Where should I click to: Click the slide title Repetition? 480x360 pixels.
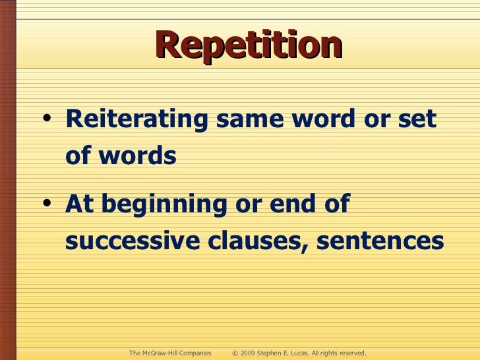click(x=249, y=46)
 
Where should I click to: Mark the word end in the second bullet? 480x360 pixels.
click(x=289, y=204)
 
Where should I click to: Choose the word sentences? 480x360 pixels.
click(x=380, y=241)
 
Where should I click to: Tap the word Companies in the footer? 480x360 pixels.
click(x=195, y=353)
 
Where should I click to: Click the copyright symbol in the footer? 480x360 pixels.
click(x=235, y=353)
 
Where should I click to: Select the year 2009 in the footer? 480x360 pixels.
click(x=249, y=353)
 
